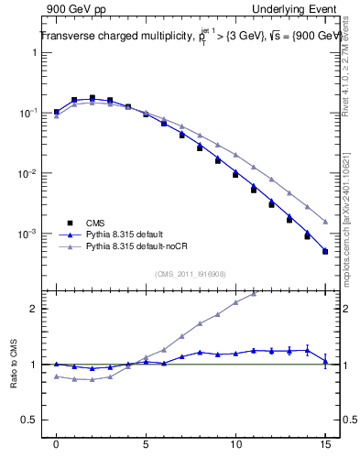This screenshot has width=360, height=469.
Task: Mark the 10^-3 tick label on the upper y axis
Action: coord(28,234)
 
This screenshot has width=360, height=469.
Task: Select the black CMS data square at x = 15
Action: coord(325,252)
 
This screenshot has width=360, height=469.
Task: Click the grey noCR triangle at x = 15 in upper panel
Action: coord(325,222)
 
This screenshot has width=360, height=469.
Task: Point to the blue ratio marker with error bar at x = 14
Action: coord(307,349)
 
